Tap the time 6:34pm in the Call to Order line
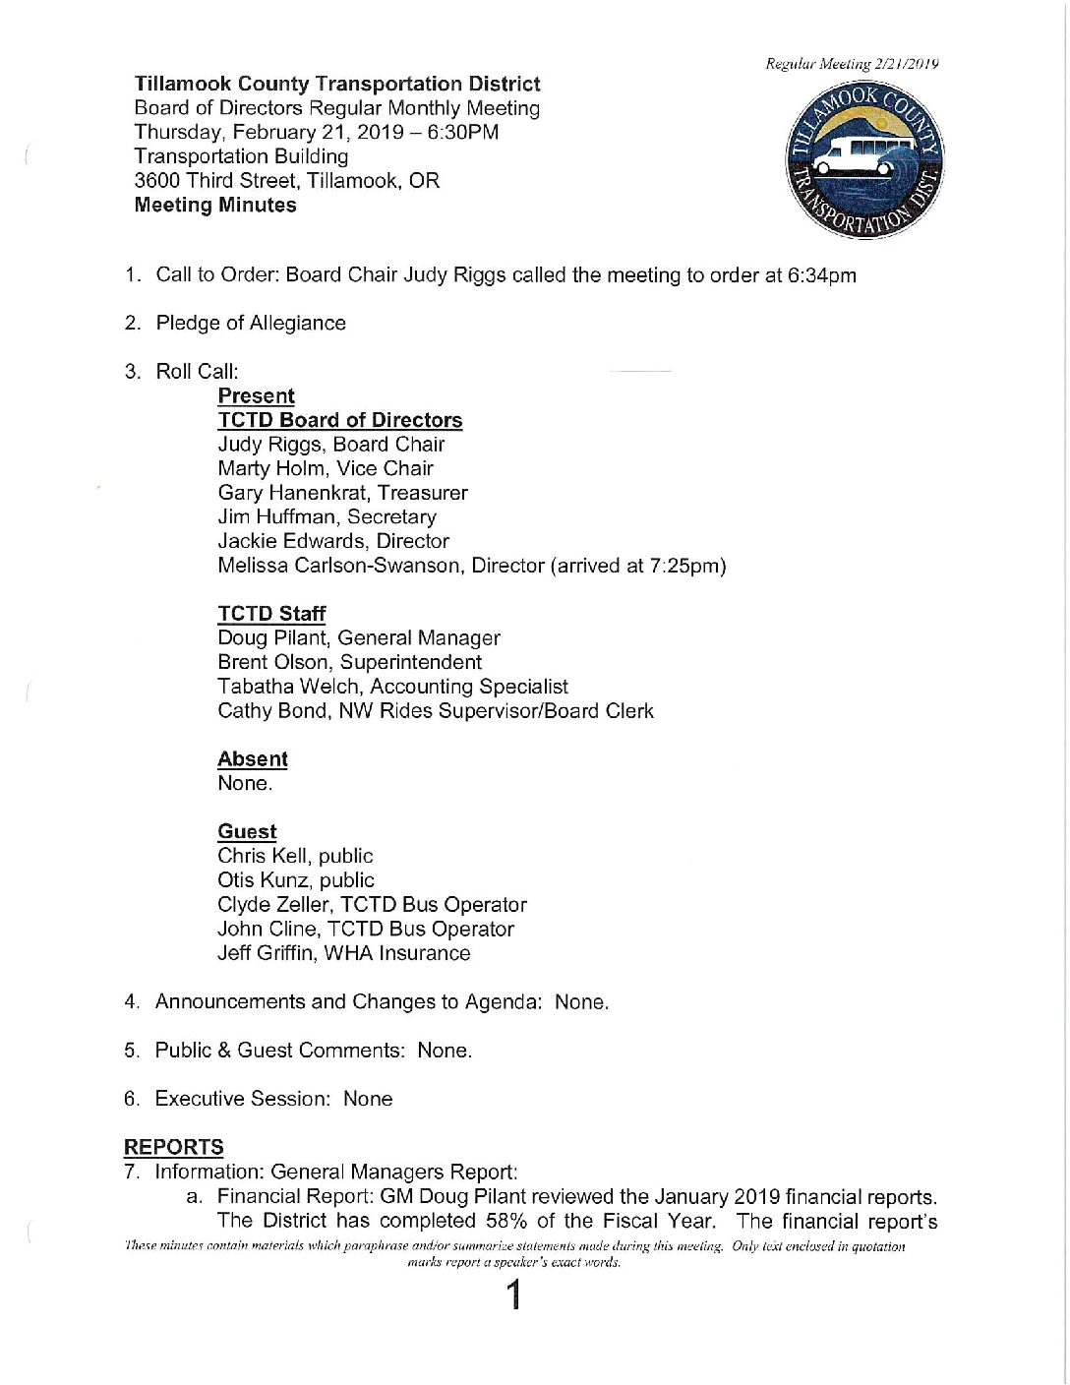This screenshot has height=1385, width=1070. coord(822,275)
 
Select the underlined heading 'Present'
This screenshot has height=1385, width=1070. coord(256,395)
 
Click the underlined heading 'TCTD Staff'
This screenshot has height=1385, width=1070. coord(271,614)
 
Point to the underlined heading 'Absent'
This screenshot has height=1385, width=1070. coord(253,759)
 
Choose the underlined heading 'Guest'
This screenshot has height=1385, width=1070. coord(247,832)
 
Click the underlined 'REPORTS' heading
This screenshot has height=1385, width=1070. coord(174,1147)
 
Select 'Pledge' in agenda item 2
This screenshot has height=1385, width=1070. coord(187,324)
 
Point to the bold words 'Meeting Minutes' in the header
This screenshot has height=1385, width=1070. coord(215,206)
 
